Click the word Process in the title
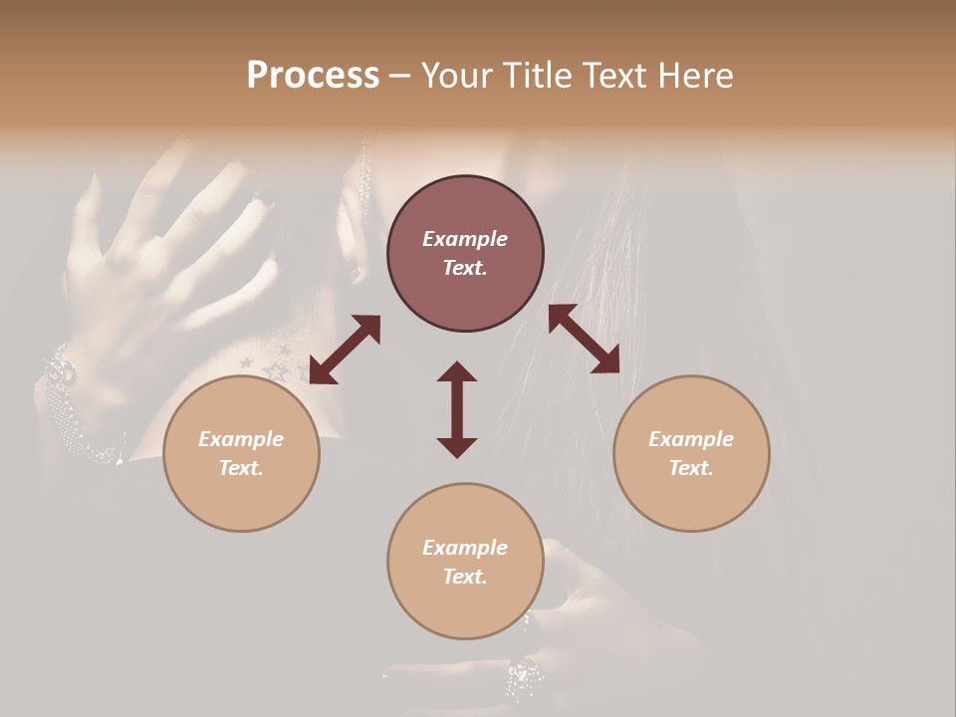point(313,76)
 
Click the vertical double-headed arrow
point(457,409)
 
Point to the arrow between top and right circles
point(584,339)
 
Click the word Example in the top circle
point(465,239)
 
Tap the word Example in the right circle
point(691,439)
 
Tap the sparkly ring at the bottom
point(524,679)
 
